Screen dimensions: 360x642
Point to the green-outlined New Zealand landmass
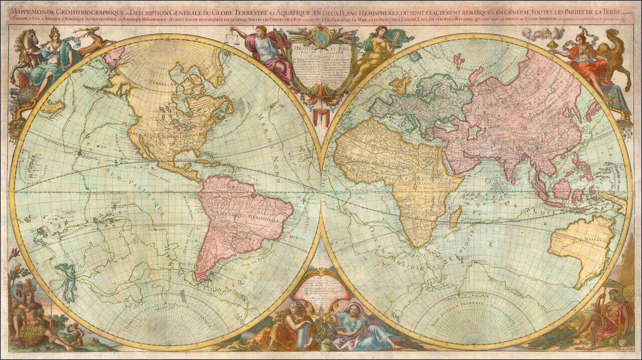68,280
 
